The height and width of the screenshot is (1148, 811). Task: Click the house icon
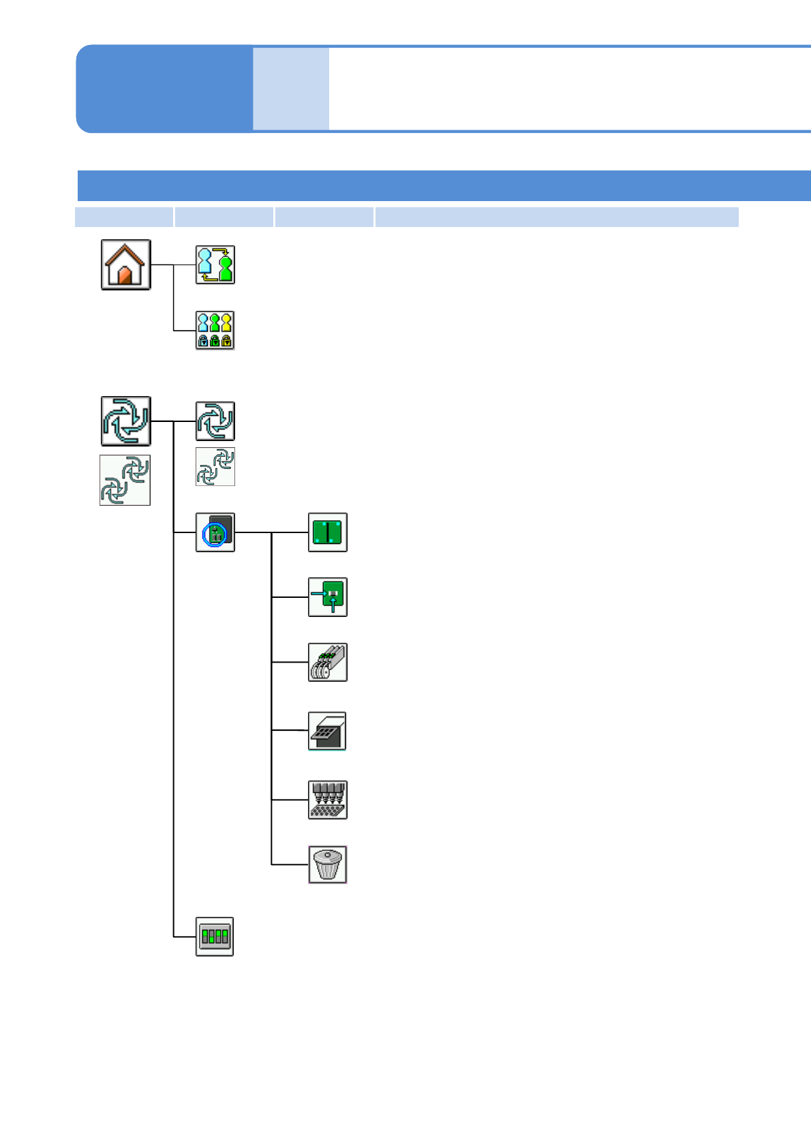pos(126,265)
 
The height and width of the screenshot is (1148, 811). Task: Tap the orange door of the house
pos(125,275)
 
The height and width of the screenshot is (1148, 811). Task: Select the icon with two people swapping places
pos(215,265)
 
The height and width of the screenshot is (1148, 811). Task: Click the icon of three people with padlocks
pos(215,330)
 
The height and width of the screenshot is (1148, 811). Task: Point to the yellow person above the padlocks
pos(226,322)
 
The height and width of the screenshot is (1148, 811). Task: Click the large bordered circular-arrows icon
pos(126,421)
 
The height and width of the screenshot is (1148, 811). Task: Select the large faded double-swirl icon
pos(125,480)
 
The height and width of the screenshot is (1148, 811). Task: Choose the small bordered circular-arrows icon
pos(215,421)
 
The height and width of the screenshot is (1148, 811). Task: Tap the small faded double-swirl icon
pos(215,466)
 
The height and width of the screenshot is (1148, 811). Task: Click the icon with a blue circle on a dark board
pos(215,532)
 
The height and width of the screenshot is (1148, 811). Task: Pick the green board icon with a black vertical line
pos(328,532)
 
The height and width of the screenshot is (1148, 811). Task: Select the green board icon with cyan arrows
pos(328,597)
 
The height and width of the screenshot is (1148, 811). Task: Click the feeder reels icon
pos(328,662)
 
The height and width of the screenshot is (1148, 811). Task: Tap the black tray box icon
pos(328,731)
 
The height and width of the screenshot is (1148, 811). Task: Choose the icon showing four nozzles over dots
pos(328,800)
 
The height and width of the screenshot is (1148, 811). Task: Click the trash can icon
pos(328,864)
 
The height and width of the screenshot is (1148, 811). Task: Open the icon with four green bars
pos(215,936)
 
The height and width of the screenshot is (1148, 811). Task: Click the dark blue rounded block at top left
pos(164,89)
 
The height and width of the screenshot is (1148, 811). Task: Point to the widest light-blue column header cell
pos(556,217)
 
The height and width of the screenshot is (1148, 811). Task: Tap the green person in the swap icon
pos(226,268)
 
